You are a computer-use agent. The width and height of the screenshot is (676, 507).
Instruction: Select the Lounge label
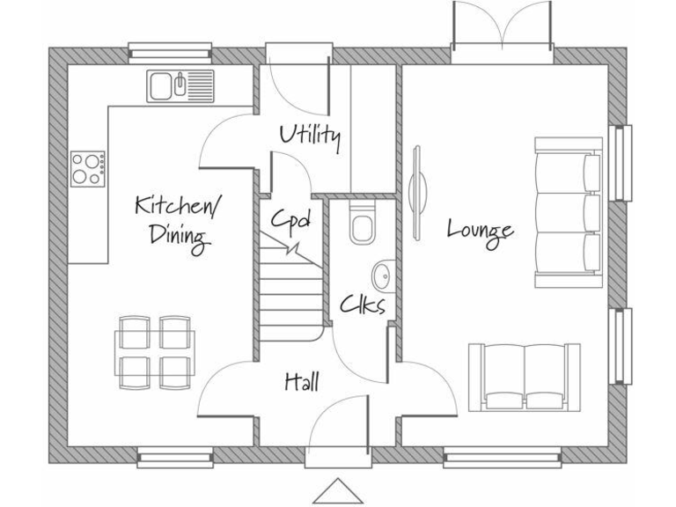[x=480, y=230]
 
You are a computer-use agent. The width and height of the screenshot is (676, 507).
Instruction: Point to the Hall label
[x=301, y=381]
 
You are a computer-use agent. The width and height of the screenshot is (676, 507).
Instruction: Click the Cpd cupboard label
[x=290, y=220]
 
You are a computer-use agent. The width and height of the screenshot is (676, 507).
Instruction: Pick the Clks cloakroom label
[x=363, y=305]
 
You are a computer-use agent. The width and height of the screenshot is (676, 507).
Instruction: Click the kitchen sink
[x=180, y=86]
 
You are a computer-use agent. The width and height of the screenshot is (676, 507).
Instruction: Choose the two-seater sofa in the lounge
[x=525, y=376]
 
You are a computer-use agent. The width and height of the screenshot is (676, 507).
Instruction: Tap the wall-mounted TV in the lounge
[x=419, y=180]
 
